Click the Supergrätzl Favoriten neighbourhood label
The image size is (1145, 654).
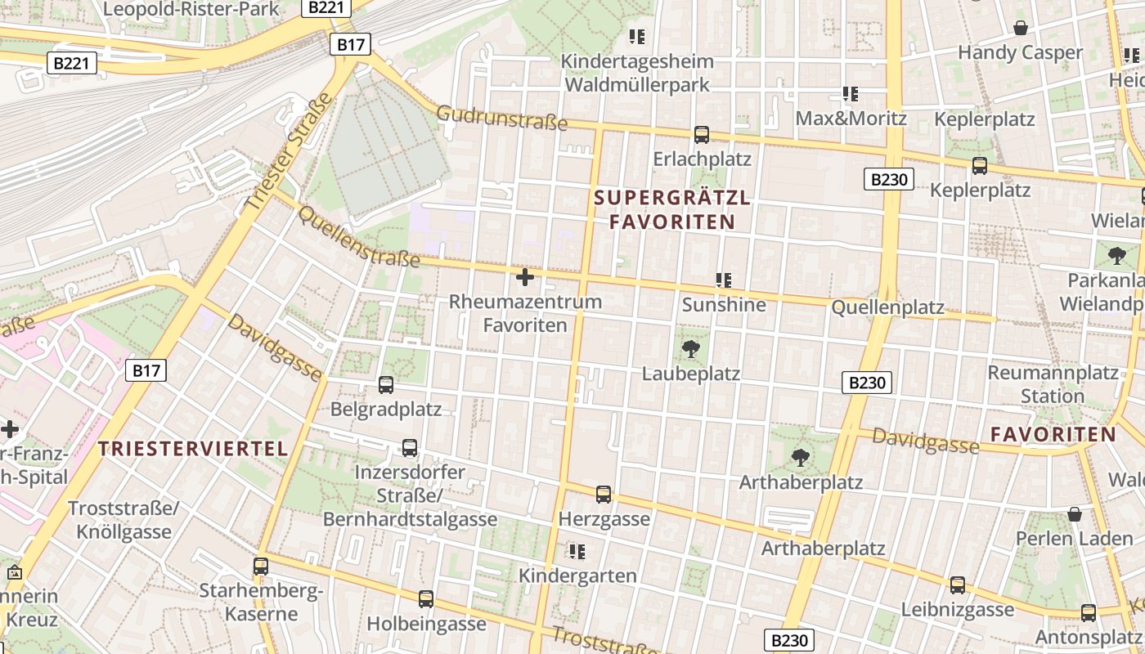coord(671,209)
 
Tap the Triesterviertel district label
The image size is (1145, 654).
coord(193,448)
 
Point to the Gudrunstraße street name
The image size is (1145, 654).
coord(501,118)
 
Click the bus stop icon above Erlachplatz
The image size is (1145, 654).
coord(702,135)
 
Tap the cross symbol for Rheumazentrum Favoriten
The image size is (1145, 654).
coord(525,278)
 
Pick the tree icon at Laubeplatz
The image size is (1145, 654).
coord(691,350)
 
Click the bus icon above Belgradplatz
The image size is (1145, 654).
coord(386,384)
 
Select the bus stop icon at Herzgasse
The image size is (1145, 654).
coord(604,494)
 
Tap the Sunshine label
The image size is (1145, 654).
coord(724,305)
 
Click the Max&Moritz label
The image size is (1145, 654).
coord(851,119)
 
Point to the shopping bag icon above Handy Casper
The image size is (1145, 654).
coord(1021,29)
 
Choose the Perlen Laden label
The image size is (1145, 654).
coord(1074,539)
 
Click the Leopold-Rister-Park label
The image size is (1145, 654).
coord(192,9)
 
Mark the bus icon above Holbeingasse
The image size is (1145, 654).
coord(426,599)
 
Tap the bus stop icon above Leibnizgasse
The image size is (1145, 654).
coord(958,585)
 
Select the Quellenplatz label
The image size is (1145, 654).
coord(887,308)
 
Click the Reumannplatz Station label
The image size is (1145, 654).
coord(1053,384)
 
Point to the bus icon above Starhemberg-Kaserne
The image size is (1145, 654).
coord(261,566)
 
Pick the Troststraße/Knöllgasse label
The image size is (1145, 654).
coord(123,520)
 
